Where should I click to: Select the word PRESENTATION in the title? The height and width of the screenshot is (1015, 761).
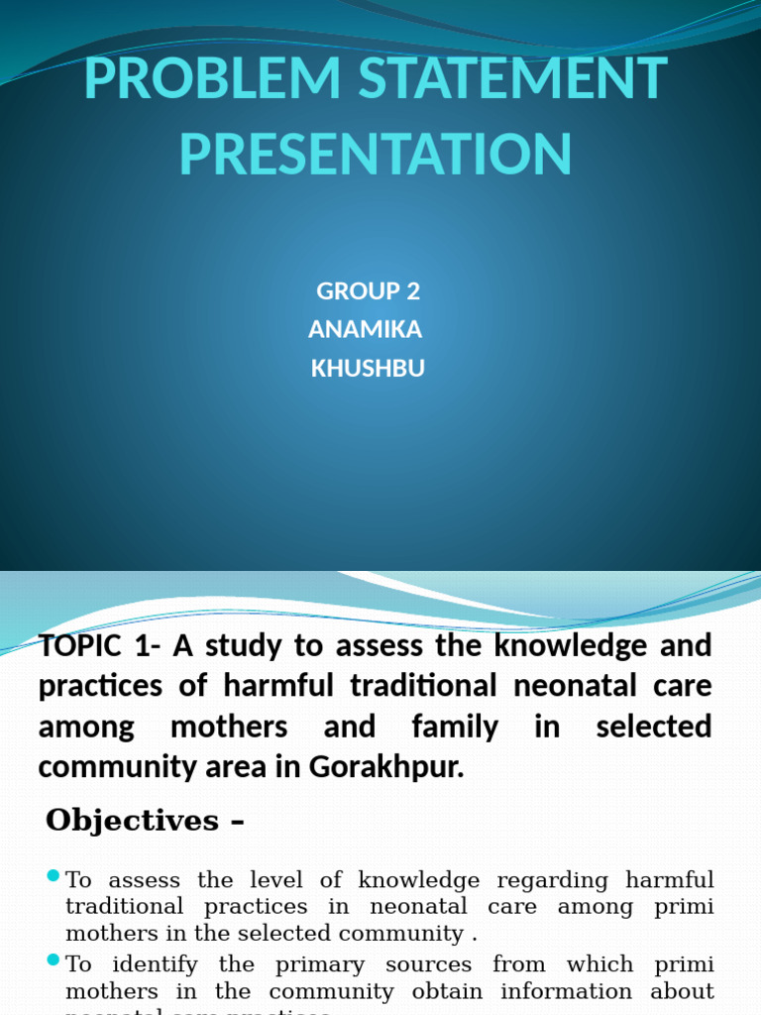(x=377, y=155)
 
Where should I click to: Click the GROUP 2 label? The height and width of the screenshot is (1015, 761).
(x=369, y=291)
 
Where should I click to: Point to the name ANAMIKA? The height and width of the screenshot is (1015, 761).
(x=366, y=329)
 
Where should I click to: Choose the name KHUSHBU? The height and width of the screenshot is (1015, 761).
(x=368, y=368)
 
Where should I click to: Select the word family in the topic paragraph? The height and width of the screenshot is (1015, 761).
(x=454, y=727)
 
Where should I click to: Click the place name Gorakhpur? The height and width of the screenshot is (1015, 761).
(x=401, y=767)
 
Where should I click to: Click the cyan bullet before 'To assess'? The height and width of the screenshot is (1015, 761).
(x=54, y=876)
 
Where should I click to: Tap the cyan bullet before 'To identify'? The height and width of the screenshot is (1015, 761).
(x=54, y=960)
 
